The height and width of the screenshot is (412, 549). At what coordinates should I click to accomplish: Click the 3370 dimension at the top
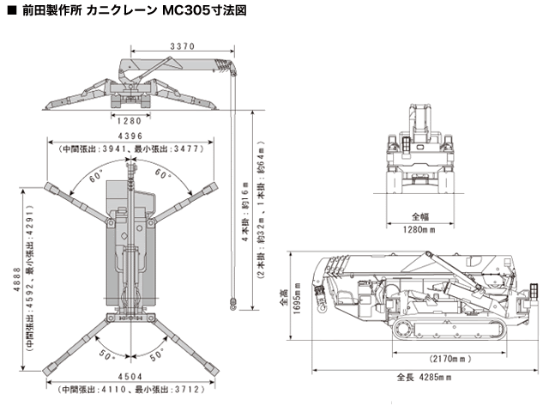[181, 45]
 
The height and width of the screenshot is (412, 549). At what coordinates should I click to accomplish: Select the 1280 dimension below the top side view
[130, 121]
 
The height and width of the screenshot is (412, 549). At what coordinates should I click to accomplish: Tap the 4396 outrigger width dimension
[130, 136]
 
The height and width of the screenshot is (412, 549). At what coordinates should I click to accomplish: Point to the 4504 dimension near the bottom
[131, 376]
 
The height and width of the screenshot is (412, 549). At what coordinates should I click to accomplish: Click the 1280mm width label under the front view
[420, 229]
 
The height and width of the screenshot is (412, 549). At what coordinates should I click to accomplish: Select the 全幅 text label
[420, 216]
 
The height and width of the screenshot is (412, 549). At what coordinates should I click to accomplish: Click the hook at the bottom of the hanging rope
[231, 301]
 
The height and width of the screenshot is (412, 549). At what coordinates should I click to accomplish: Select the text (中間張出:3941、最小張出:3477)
[130, 148]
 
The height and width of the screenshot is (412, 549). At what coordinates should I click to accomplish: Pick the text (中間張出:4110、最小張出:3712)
[131, 389]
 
